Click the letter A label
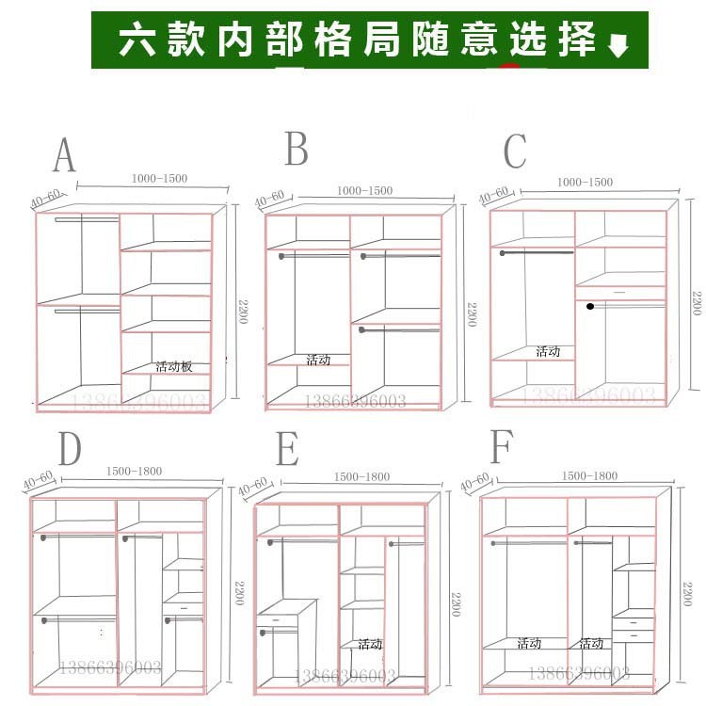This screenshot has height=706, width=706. click(63, 155)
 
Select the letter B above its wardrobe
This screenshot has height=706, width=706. click(297, 149)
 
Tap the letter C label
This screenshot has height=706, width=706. click(515, 152)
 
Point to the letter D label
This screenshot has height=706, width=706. click(70, 450)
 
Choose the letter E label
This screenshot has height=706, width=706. click(287, 451)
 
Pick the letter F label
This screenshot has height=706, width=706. click(501, 448)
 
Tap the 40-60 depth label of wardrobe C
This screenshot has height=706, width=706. click(493, 195)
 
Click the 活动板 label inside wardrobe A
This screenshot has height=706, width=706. click(174, 366)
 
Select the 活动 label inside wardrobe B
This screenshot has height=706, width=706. click(318, 360)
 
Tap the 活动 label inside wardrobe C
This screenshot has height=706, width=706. click(548, 351)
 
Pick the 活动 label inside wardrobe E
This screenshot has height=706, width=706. click(370, 644)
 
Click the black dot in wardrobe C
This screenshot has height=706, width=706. click(589, 306)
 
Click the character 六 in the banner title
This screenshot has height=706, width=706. click(136, 40)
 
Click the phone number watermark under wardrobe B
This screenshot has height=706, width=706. click(354, 402)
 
